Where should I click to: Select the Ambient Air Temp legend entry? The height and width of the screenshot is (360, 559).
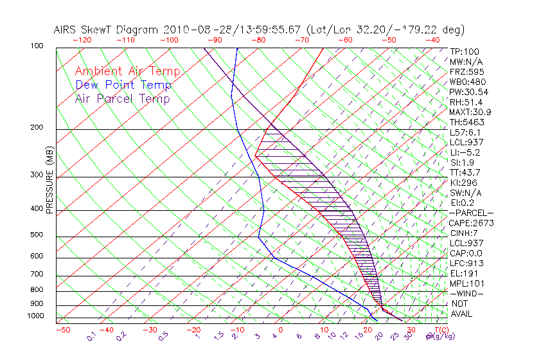[127, 71]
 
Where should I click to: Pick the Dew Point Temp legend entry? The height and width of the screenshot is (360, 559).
[123, 85]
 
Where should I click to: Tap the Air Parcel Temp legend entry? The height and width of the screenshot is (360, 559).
[123, 98]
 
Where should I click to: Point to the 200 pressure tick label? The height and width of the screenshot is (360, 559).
[37, 128]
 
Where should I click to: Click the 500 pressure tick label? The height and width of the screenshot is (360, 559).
[37, 235]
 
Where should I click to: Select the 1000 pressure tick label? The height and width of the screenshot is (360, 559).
[35, 316]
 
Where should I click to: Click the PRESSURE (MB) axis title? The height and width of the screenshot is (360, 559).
[49, 179]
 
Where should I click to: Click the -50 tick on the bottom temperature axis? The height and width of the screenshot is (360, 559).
[62, 330]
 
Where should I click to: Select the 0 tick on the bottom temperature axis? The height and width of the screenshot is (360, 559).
[281, 330]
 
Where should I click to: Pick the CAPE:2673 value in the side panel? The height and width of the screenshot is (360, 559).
[470, 223]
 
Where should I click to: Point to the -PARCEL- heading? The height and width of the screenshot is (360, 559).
[471, 213]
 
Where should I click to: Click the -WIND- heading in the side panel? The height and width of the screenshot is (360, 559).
[467, 293]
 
